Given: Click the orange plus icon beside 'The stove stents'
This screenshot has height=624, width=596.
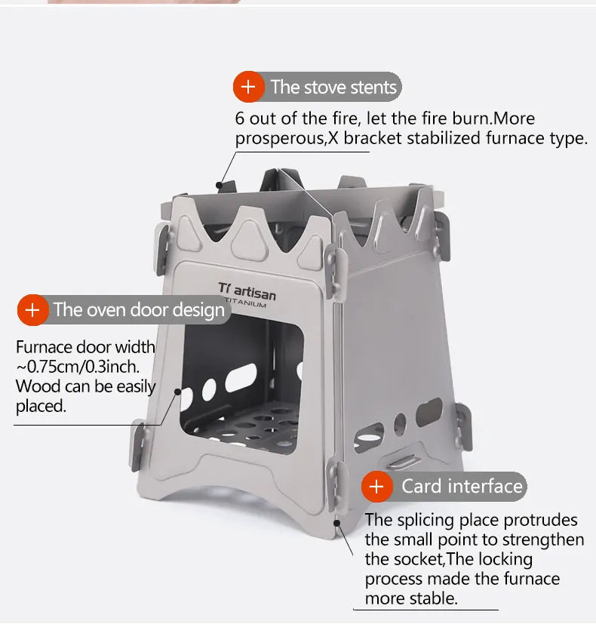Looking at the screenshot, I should [248, 87].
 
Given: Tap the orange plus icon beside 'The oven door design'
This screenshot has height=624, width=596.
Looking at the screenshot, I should [32, 309].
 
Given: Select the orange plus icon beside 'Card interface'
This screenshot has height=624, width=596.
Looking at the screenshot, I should [376, 486].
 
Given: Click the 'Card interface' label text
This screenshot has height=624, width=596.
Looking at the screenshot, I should [462, 486].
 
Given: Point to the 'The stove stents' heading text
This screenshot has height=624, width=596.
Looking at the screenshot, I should [333, 87].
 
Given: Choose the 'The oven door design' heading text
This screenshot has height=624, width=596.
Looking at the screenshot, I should [139, 309].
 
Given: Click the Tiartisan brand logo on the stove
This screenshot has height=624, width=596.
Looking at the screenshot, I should [247, 290].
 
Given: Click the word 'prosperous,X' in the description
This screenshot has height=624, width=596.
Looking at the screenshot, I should [281, 139].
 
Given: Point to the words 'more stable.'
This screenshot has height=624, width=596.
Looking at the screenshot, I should [411, 598].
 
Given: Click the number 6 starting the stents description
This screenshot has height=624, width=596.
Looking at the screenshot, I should [240, 119].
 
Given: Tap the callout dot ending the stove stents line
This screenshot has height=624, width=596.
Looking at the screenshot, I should [220, 183].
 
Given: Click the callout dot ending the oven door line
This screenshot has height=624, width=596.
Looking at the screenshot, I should [179, 392].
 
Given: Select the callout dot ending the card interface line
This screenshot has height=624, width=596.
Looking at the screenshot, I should [337, 520].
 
